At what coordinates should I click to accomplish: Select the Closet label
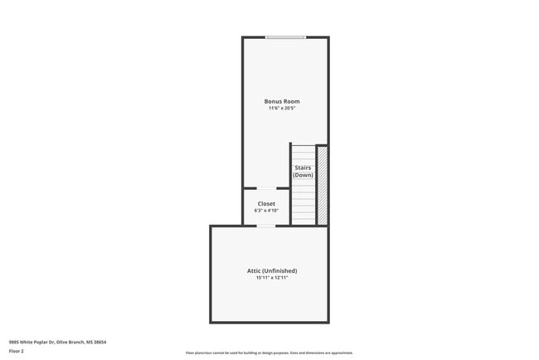pos(266,203)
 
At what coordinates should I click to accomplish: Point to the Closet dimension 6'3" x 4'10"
pos(266,211)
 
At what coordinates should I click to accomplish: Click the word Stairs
pos(303,168)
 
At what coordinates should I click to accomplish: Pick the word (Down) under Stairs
pos(303,175)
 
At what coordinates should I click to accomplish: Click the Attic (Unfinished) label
pos(271,270)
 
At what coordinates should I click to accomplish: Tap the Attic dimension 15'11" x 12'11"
pos(271,278)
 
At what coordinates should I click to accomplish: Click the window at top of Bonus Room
pos(285,37)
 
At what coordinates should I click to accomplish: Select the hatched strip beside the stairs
pos(323,186)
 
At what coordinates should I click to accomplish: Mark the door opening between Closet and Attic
pos(265,226)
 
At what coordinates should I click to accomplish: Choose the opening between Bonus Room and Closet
pos(265,188)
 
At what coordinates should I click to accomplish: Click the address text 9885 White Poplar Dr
pos(31,342)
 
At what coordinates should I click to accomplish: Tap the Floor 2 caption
pos(16,351)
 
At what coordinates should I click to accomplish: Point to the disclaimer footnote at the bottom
pos(269,353)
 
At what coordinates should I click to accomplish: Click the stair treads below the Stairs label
pos(303,203)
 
